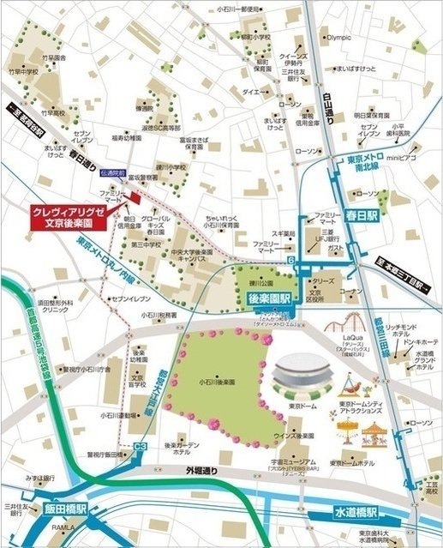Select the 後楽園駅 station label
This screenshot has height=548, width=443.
click(270, 298)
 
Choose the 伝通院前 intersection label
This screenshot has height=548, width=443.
click(112, 172)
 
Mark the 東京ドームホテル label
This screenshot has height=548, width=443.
click(354, 462)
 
